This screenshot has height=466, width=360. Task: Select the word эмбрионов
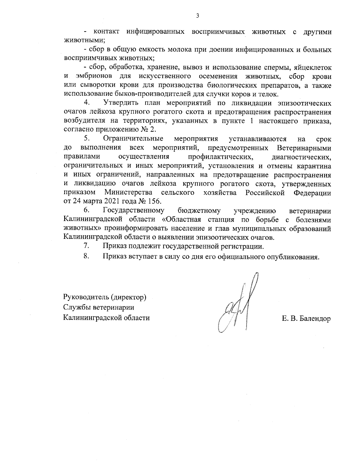tap(94, 76)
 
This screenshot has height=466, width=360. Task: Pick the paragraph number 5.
tap(87, 139)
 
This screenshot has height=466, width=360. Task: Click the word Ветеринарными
tap(304, 148)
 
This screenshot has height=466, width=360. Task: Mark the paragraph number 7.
tap(86, 246)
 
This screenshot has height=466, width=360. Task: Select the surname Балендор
tap(314, 319)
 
